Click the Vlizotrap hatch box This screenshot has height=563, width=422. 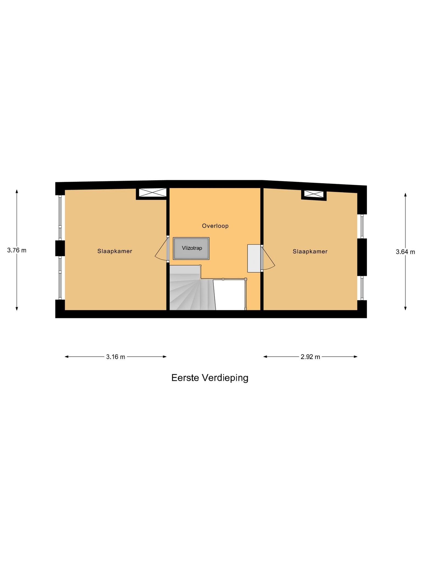[191, 248]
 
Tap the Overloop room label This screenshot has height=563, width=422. [215, 226]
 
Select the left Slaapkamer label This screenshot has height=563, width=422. [115, 251]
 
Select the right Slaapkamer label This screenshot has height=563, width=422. [310, 252]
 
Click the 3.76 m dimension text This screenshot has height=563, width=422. [17, 250]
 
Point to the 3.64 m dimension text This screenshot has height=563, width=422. [405, 252]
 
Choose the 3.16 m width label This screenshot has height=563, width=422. [116, 357]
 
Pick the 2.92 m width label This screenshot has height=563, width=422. [310, 357]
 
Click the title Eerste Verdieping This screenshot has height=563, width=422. [210, 378]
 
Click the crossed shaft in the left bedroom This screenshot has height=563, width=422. [152, 192]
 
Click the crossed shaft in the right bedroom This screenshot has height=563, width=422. [314, 194]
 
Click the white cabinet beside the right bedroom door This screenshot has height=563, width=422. [254, 258]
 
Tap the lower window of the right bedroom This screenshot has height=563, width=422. [362, 288]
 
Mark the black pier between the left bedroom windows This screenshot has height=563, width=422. [60, 248]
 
